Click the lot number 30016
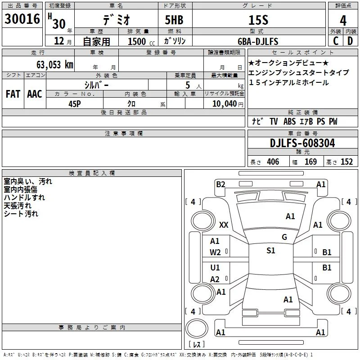click(22, 19)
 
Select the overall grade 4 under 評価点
click(343, 21)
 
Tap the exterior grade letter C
click(336, 41)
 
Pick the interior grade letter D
click(350, 41)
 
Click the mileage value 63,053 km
click(55, 65)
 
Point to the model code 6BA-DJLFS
click(258, 41)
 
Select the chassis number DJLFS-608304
click(302, 143)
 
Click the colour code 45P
click(75, 104)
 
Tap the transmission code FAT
click(13, 94)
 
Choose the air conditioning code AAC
click(35, 94)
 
